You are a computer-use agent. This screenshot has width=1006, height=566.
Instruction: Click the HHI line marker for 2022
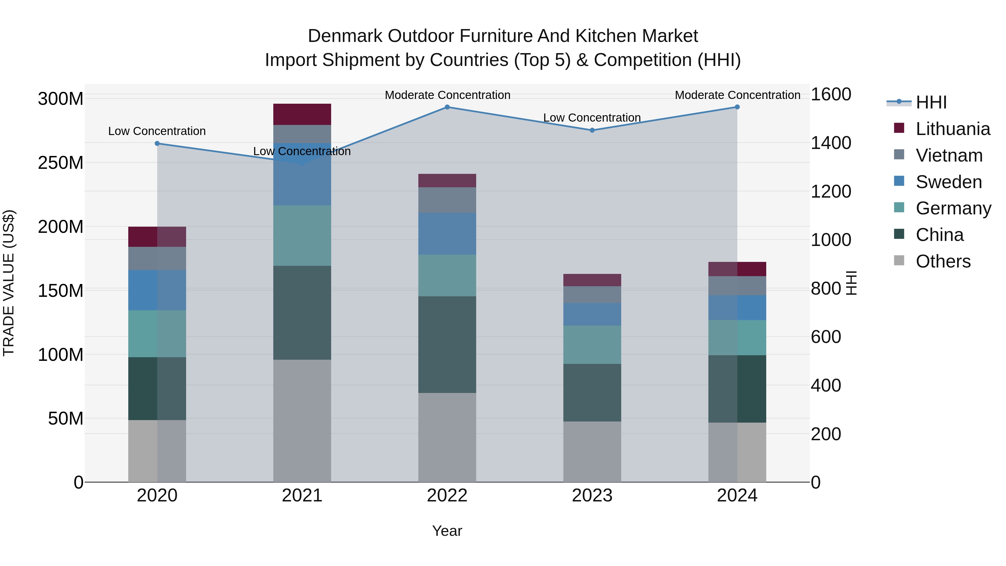coord(447,107)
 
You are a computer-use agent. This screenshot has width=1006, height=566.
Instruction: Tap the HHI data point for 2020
coord(157,143)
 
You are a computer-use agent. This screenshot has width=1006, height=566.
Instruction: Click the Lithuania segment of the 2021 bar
coord(302,114)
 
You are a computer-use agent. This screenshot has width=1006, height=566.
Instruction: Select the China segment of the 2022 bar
coord(447,345)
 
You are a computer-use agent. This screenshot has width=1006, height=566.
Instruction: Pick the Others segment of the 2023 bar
coord(592,452)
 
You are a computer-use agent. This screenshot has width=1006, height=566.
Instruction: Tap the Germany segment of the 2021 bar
coord(302,236)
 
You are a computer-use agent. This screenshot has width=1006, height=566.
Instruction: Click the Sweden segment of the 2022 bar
coord(447,234)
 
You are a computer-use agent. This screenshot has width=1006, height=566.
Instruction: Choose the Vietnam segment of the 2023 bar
coord(592,295)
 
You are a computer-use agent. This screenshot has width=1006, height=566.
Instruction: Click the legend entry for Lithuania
coord(953,129)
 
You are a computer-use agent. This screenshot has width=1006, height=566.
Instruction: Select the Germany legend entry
coord(953,208)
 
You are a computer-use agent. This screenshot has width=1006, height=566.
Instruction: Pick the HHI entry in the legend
coord(931,102)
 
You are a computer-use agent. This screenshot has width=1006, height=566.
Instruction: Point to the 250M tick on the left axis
coord(61,162)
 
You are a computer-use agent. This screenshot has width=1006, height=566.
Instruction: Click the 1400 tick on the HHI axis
coord(831,143)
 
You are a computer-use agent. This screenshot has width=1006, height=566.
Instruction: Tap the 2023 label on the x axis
coord(592,496)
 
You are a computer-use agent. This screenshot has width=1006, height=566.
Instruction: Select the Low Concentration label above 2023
coord(592,118)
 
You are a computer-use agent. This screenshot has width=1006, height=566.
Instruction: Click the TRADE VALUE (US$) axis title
coord(9,283)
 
